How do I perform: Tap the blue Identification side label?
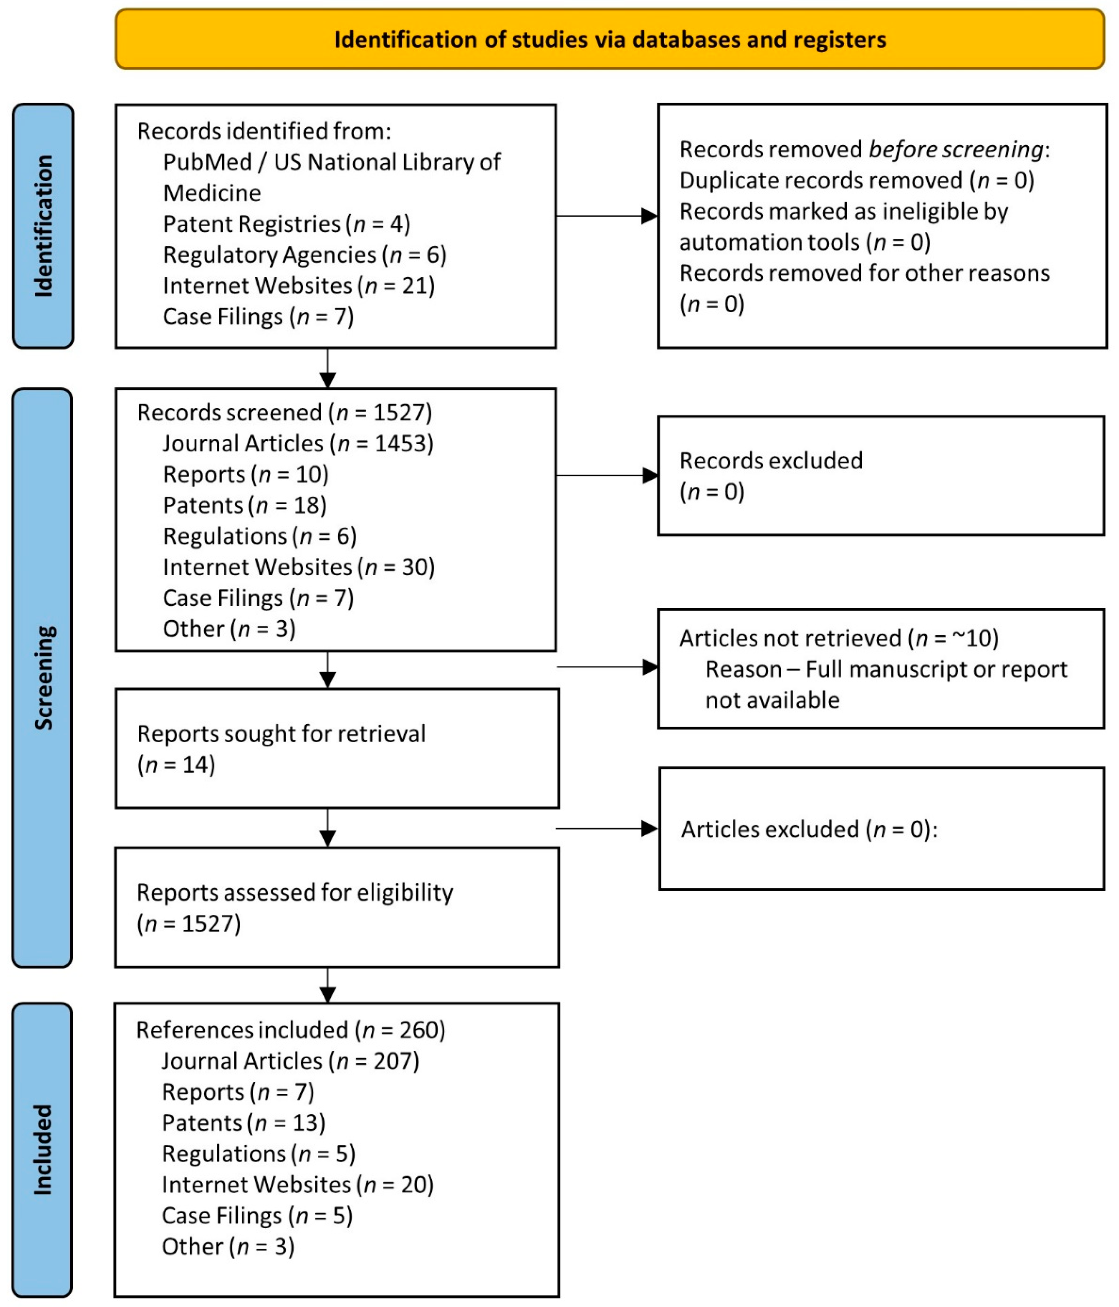[43, 226]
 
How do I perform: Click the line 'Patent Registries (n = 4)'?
[286, 224]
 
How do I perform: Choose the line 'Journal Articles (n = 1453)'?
[298, 443]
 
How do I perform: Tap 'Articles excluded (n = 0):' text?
[809, 829]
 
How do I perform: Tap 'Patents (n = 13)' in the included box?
[243, 1123]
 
